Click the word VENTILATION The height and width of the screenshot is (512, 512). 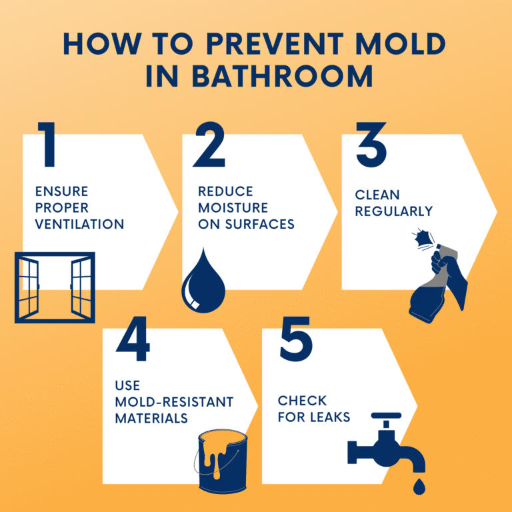tap(79, 224)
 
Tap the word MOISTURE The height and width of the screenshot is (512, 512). tap(233, 208)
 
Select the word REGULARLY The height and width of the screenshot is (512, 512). tap(393, 211)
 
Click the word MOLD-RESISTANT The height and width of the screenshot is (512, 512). tap(175, 403)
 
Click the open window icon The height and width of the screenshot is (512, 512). tap(55, 287)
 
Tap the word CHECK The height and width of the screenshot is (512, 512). tap(302, 401)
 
